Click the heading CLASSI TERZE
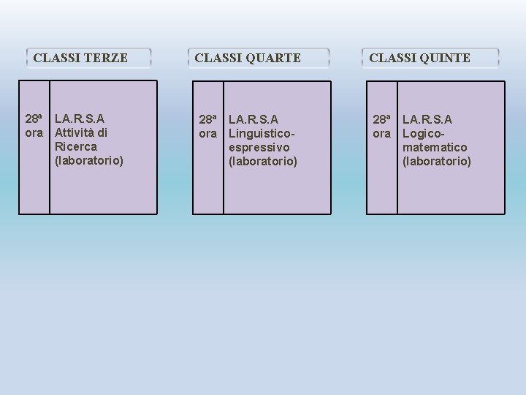click(x=80, y=58)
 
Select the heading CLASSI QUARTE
click(x=248, y=58)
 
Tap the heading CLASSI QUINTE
click(x=419, y=58)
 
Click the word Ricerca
click(x=75, y=146)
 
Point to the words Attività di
click(x=81, y=132)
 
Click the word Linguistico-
click(x=262, y=133)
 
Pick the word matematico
click(x=435, y=147)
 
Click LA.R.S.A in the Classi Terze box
click(x=80, y=118)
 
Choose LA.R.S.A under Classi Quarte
click(x=254, y=118)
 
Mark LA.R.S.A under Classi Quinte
click(x=427, y=118)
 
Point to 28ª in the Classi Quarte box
click(x=209, y=118)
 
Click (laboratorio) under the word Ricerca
click(x=89, y=160)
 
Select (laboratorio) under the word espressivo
click(x=263, y=161)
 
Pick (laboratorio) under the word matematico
click(x=437, y=161)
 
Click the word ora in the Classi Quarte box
click(x=208, y=133)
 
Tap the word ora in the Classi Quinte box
click(x=382, y=133)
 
